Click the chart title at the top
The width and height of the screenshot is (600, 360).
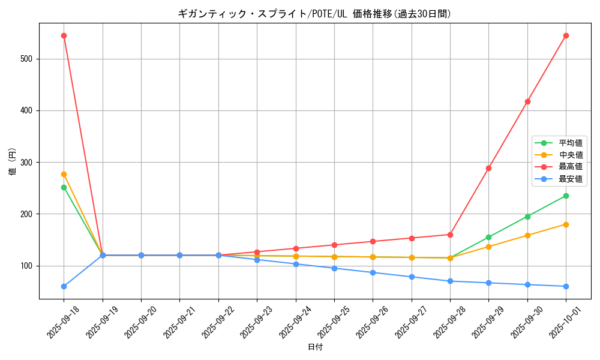coord(314,13)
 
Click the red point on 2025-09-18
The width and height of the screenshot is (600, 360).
coord(64,35)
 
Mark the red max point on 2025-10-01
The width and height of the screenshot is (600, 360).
coord(566,35)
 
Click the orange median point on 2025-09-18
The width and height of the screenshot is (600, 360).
coord(64,174)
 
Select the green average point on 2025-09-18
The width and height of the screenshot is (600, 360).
coord(64,187)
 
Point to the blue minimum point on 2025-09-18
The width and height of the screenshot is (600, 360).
coord(64,286)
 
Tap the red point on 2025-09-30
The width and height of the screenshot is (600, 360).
coord(527,101)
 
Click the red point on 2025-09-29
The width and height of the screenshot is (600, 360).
coord(488,168)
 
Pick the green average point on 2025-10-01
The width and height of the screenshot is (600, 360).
coord(566,196)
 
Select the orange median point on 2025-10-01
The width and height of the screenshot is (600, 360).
coord(566,224)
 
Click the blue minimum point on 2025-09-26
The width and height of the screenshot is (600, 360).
coord(373,272)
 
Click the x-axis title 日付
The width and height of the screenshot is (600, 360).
coord(314,347)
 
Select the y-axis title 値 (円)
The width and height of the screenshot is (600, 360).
coord(12,162)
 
